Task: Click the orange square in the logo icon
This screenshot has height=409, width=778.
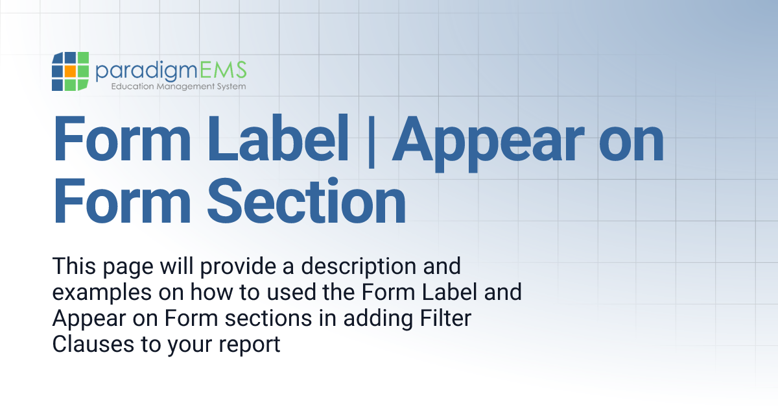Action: tap(69, 70)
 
